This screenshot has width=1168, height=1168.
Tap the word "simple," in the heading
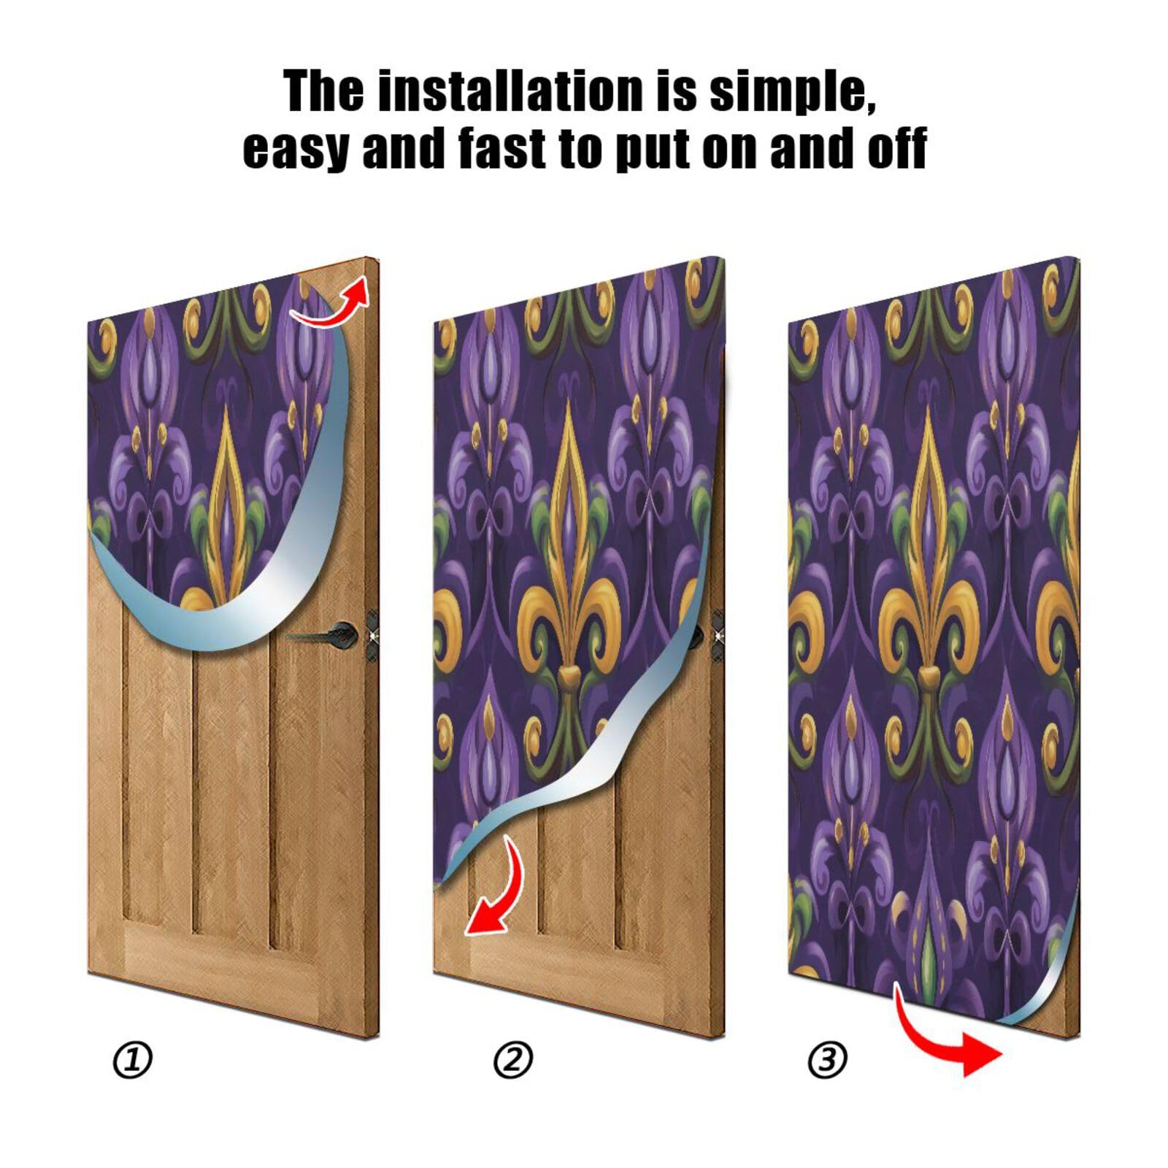(793, 92)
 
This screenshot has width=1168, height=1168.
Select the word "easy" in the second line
(296, 149)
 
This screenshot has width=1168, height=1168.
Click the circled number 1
(132, 1060)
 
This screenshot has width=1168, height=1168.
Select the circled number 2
(513, 1060)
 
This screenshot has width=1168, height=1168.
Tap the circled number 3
(827, 1059)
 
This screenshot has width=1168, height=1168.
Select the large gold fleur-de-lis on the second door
(569, 584)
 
